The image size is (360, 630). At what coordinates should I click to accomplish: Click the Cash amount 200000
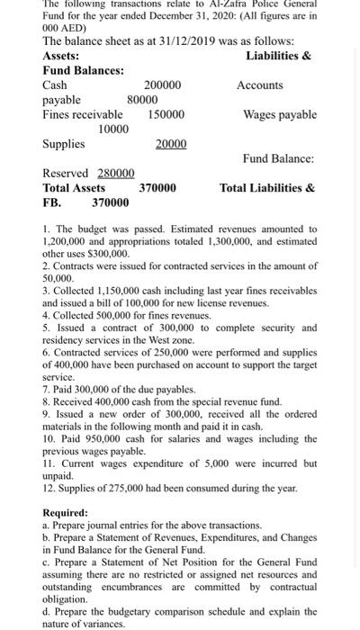pos(162,85)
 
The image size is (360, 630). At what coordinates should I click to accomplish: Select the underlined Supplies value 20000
pos(171,144)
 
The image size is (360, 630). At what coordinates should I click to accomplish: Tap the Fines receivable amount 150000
pos(166,114)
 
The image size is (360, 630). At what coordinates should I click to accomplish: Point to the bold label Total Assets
pos(74,188)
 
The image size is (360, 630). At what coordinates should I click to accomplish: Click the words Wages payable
pos(280,114)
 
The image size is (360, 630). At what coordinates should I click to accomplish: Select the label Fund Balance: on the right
pos(278,158)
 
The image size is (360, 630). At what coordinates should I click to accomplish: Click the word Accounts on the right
pos(260,85)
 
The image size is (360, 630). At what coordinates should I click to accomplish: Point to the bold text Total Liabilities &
pos(267,188)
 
